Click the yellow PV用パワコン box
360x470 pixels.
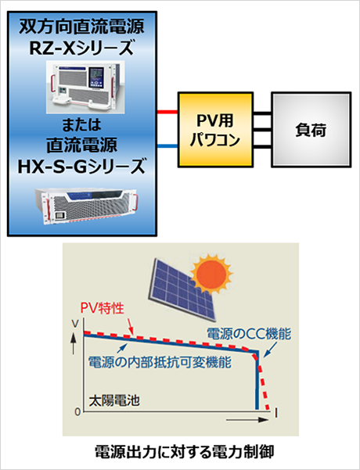coord(215,130)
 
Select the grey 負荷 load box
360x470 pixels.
coord(311,130)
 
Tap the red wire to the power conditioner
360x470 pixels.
coord(167,112)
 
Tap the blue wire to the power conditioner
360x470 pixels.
coord(167,146)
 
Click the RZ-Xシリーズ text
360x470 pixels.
coord(81,48)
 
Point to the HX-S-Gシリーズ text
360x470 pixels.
coord(81,167)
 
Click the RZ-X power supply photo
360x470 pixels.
coord(85,87)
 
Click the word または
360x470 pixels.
coord(81,125)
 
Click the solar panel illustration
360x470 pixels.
coord(182,289)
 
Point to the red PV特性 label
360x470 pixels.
coord(103,308)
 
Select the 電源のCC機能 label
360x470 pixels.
coord(249,334)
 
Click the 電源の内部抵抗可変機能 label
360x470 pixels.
coord(160,362)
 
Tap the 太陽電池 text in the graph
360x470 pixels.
coord(114,400)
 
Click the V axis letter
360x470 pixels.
coord(75,324)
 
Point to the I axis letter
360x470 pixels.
coord(276,414)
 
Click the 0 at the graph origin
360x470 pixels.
coord(77,412)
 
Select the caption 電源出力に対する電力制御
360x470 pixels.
coord(184,452)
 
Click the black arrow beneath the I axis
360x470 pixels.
coord(247,420)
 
